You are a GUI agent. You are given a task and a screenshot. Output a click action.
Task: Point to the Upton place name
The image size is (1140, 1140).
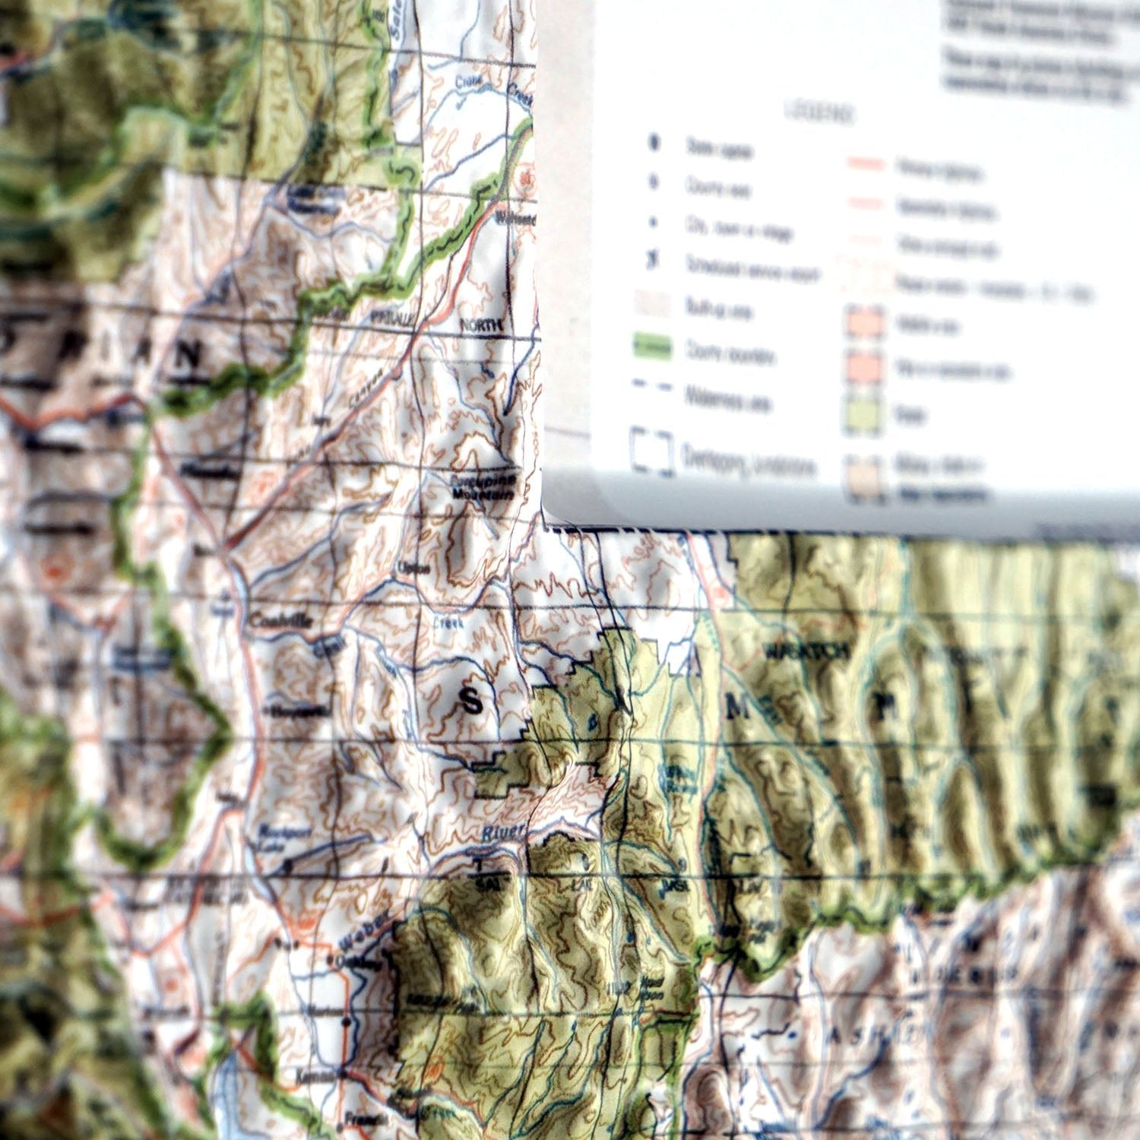pos(414,568)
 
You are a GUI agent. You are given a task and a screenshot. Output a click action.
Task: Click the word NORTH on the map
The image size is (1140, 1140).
pos(481,325)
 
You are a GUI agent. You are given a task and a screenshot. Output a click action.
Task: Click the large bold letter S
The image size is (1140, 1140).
pos(471,702)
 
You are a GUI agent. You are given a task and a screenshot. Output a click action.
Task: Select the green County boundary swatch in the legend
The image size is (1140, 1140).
pos(653,349)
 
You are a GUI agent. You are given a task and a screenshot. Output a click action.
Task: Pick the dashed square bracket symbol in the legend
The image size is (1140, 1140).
pos(652,454)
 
